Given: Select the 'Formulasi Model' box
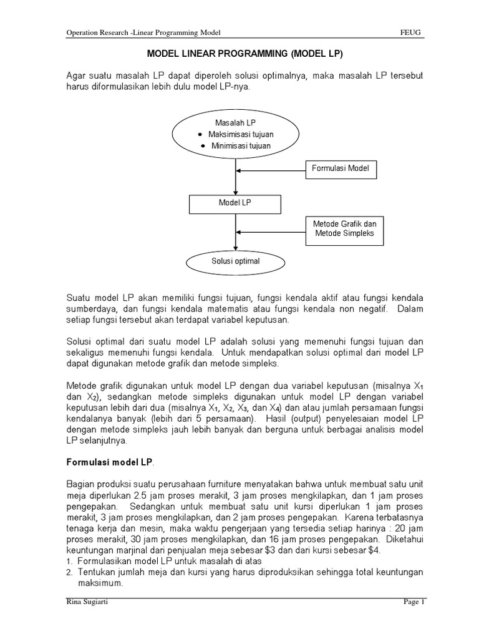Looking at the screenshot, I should coord(341,168).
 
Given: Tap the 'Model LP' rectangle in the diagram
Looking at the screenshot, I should coord(235,203).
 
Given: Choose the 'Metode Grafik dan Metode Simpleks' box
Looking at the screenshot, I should coord(341,229).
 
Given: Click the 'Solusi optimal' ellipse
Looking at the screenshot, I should coord(235,261).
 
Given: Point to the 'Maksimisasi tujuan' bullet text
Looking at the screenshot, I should coord(240,134).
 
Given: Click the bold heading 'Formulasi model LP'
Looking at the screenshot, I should coord(109,462).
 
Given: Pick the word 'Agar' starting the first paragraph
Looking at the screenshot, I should coord(77,76).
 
